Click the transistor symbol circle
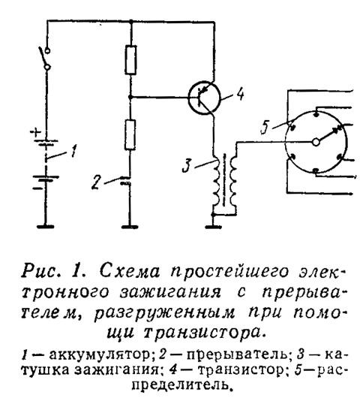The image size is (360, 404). tap(188, 97)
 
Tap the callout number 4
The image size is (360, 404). tap(239, 94)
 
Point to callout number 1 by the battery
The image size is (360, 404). tap(73, 151)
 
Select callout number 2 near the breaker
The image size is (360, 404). tap(96, 182)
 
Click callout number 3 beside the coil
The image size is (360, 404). tap(187, 165)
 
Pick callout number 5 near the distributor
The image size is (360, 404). tap(265, 128)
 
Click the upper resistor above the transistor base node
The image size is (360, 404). tap(131, 60)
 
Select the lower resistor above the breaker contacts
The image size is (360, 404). tap(130, 134)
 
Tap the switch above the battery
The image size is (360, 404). tap(45, 58)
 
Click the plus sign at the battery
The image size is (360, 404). tap(36, 133)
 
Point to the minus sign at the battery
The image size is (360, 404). tap(37, 188)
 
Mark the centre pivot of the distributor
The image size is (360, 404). tap(316, 142)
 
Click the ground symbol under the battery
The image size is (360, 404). tap(46, 227)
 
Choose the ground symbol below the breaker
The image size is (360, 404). tap(130, 227)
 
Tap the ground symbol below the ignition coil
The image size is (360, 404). tap(213, 227)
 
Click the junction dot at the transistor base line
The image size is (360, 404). tap(130, 97)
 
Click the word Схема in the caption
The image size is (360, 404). tap(129, 271)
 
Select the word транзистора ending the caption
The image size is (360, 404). tap(203, 332)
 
